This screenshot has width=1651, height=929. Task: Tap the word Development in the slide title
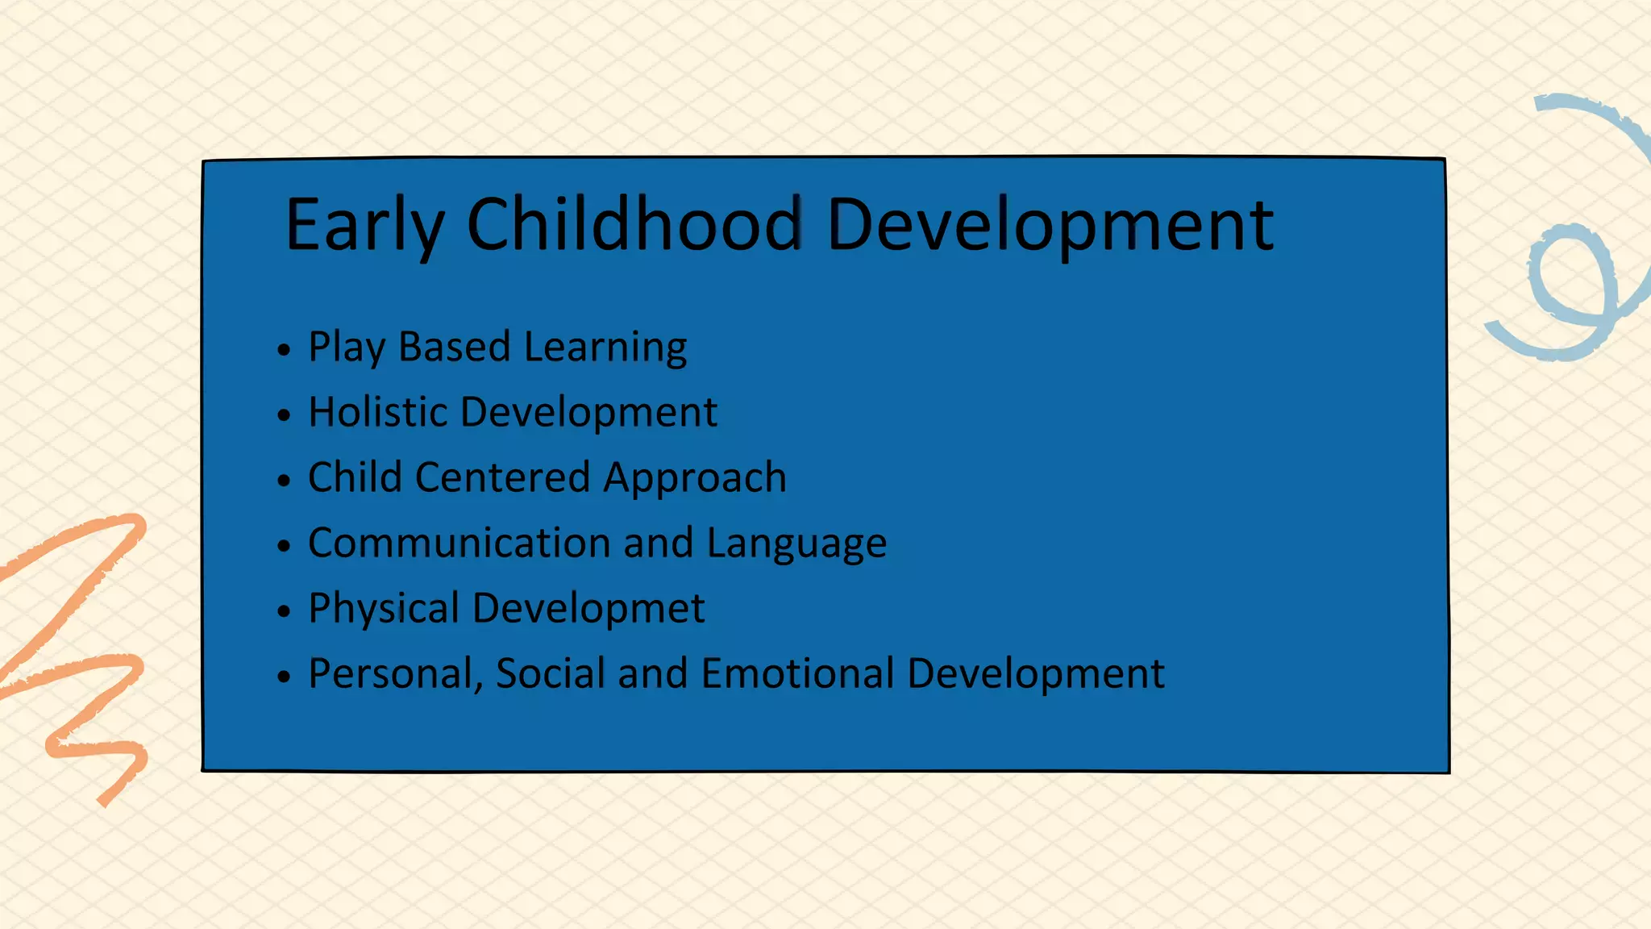coord(1050,226)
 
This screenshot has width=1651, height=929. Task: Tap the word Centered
coord(502,477)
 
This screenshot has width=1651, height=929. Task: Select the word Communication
coord(460,543)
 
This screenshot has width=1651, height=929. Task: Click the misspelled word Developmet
coord(588,609)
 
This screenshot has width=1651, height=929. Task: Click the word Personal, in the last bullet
coord(396,674)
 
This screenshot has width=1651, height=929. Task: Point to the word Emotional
coord(798,673)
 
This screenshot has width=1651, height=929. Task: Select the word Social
coord(551,673)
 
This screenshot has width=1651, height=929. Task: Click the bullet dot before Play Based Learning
coord(283,350)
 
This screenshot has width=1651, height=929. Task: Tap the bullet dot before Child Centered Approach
coord(283,481)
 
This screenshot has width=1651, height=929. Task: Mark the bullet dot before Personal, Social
coord(283,676)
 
